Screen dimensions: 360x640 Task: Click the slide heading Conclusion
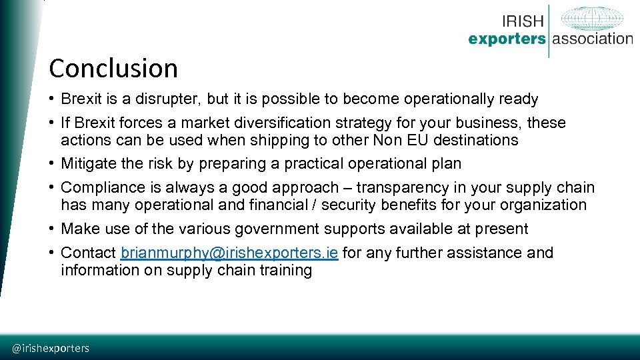113,69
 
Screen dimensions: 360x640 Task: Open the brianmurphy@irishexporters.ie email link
229,253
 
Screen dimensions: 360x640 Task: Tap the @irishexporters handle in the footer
51,348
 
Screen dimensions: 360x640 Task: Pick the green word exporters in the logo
507,39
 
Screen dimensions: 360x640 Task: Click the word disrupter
166,99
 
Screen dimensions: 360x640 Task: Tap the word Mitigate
88,164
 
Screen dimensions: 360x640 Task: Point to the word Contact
88,253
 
